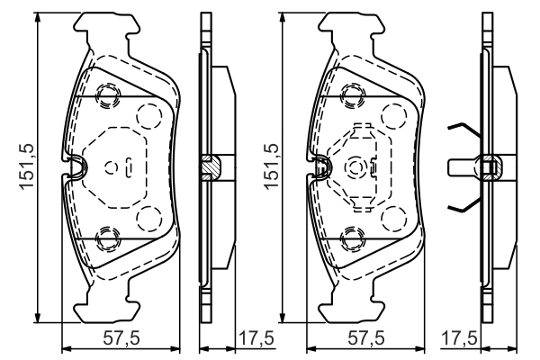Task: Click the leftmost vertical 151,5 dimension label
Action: click(25, 166)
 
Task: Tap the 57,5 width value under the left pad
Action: click(121, 339)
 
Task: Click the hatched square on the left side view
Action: click(209, 166)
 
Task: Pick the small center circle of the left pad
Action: click(112, 166)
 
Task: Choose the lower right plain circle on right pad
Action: click(393, 218)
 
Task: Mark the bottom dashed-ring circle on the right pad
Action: click(353, 238)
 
